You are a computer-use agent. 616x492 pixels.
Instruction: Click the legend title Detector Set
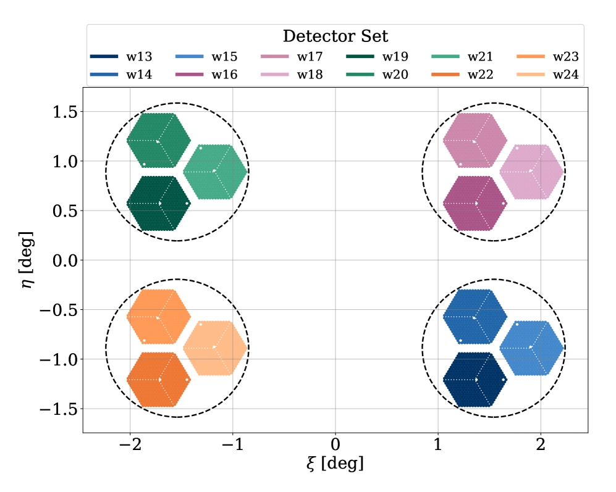[335, 36]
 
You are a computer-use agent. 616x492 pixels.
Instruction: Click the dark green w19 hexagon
[158, 203]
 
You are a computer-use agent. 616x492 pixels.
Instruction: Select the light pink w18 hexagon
[531, 172]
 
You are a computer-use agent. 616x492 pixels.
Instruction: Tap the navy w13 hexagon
[475, 380]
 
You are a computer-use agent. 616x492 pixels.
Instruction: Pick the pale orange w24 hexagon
[216, 348]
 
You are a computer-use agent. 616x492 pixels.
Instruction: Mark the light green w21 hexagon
[216, 172]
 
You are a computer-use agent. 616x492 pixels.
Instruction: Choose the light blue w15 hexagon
[531, 348]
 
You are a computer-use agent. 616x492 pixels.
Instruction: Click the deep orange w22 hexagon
[158, 380]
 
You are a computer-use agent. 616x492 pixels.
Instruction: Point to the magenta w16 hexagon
[475, 203]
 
